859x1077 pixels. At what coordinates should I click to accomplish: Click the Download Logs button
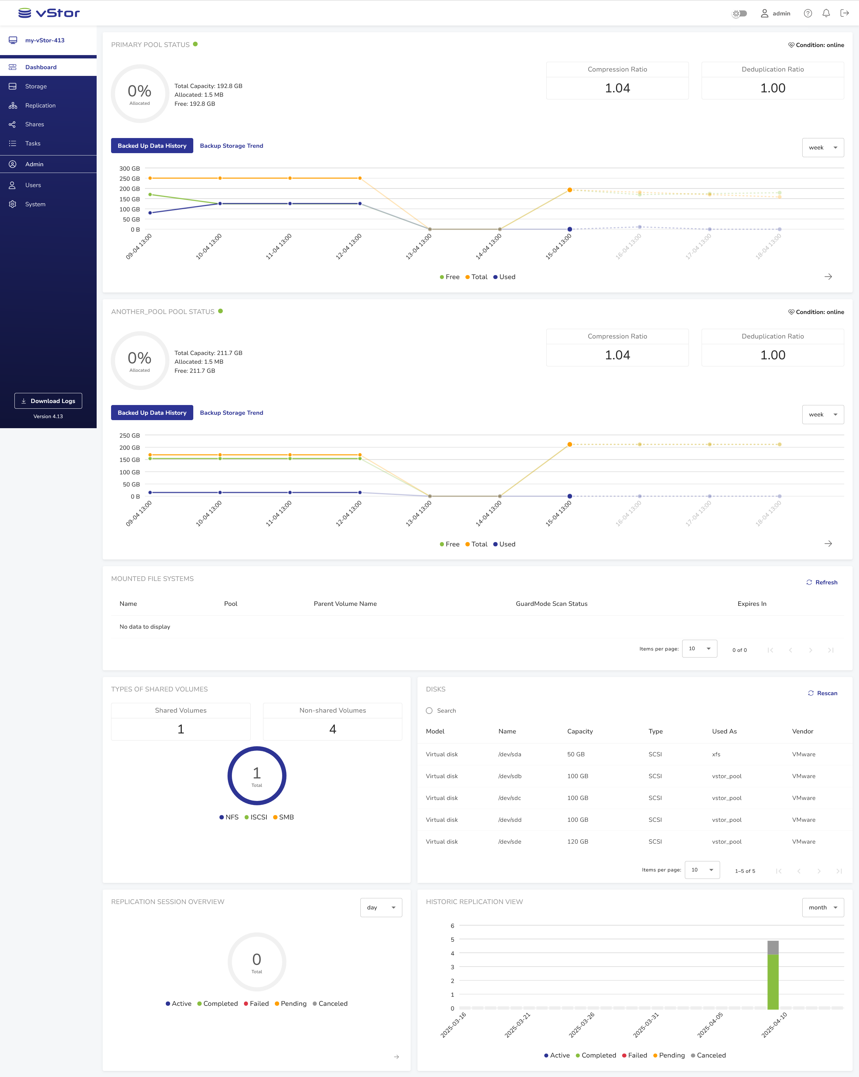(48, 401)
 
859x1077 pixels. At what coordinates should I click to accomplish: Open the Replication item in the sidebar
(40, 105)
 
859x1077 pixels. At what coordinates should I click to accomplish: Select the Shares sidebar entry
(35, 124)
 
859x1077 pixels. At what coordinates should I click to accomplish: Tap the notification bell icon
(826, 13)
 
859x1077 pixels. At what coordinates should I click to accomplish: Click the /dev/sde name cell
(510, 842)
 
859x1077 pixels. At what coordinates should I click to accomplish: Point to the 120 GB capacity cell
(577, 842)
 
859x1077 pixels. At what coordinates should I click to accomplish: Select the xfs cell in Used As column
(716, 754)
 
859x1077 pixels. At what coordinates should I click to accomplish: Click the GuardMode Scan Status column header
(552, 603)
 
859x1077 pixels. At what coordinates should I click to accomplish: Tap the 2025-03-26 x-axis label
(582, 1025)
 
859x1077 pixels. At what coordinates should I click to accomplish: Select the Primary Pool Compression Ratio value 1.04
(617, 88)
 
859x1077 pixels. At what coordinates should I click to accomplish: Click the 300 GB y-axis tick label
(129, 168)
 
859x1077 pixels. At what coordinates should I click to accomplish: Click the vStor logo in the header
(49, 13)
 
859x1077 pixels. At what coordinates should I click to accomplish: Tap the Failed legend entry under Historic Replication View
(637, 1055)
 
